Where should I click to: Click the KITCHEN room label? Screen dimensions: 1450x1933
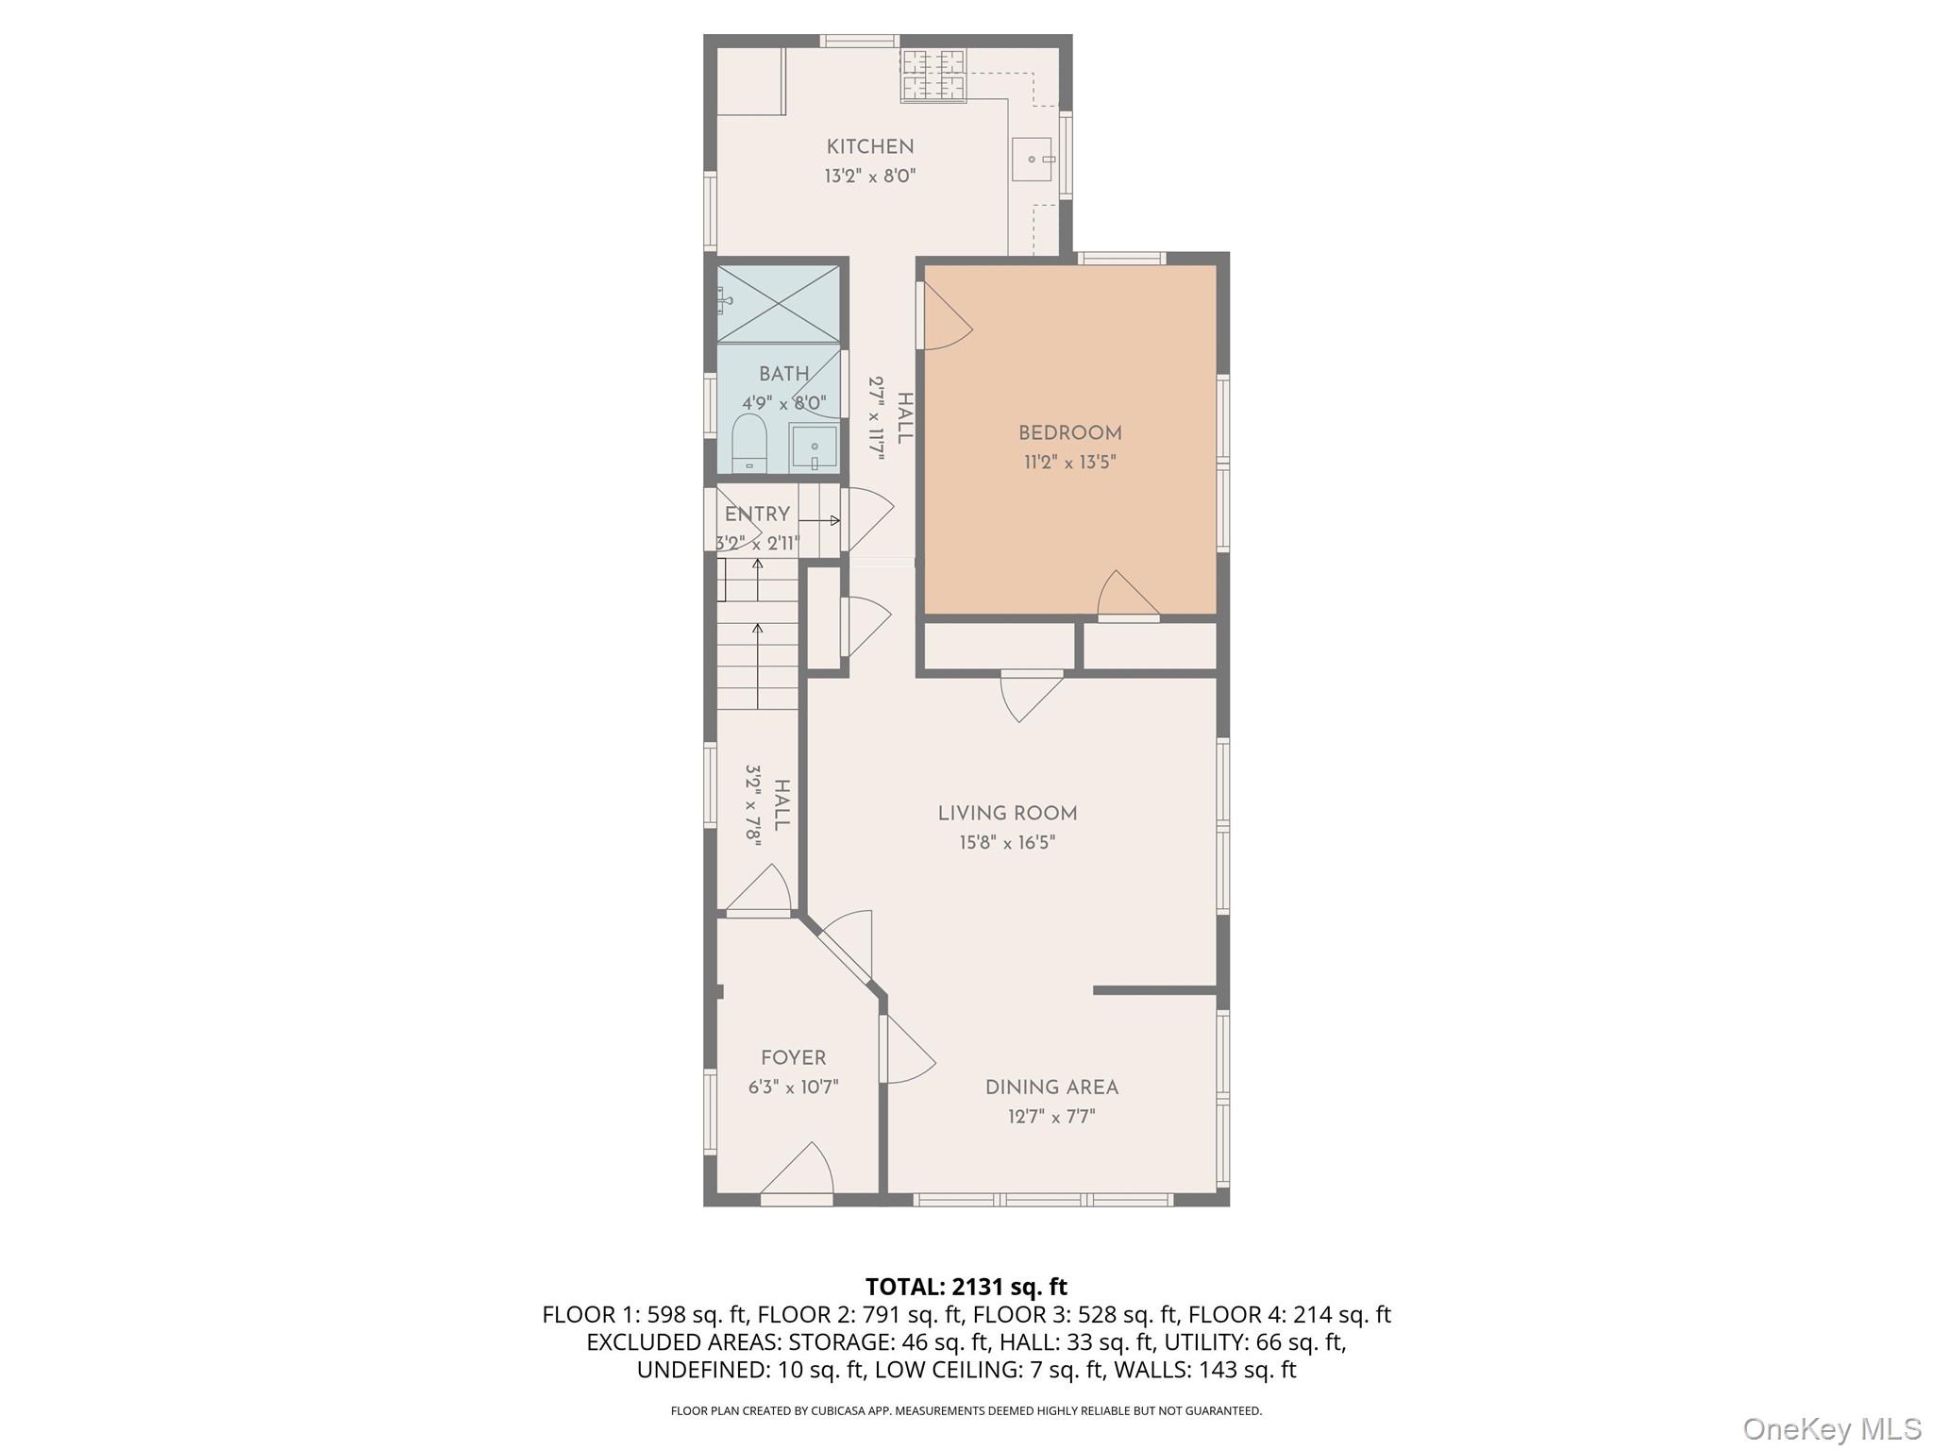click(x=869, y=147)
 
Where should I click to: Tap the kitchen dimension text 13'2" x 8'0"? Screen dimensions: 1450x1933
click(x=869, y=177)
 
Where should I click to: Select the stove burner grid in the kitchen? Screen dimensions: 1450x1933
click(x=934, y=76)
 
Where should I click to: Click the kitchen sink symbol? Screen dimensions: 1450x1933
click(x=1034, y=160)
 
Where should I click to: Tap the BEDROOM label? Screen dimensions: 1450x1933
click(x=1069, y=433)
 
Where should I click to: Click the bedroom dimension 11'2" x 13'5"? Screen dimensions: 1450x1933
click(x=1069, y=463)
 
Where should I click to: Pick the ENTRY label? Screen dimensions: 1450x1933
click(x=757, y=514)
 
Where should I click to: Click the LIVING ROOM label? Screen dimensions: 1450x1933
click(x=1007, y=814)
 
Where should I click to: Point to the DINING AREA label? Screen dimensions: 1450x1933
click(x=1051, y=1087)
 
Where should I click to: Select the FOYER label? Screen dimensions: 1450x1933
click(x=793, y=1058)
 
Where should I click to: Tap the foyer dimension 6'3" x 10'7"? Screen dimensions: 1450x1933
click(x=793, y=1087)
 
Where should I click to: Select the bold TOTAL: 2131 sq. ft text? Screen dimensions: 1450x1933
click(x=966, y=1287)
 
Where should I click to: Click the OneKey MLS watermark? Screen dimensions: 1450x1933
click(x=1831, y=1428)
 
